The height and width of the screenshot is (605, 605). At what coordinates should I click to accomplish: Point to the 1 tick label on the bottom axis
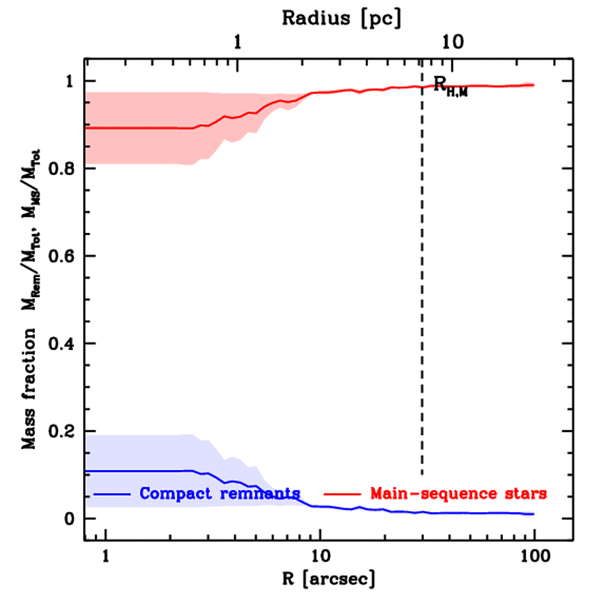click(106, 556)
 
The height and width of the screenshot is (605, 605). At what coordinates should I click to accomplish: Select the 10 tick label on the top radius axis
click(453, 43)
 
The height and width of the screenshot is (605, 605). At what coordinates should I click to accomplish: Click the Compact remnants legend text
click(220, 493)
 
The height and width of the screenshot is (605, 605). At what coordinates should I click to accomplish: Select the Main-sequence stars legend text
click(458, 493)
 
